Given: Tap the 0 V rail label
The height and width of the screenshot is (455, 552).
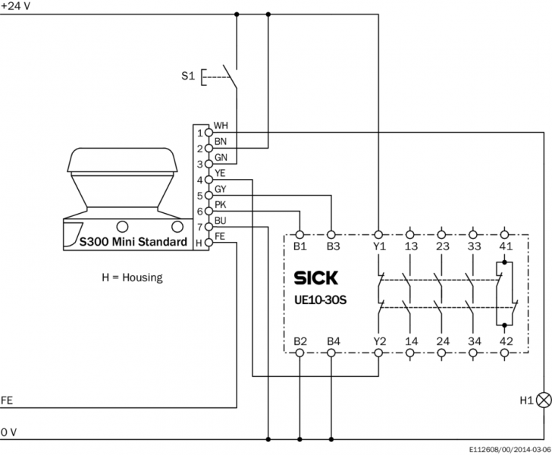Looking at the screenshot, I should [8, 431].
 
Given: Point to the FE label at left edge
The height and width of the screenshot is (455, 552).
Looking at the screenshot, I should [7, 400].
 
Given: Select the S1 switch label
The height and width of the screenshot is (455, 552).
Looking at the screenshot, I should [188, 77].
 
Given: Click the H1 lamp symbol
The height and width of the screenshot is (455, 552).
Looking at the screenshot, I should [543, 399].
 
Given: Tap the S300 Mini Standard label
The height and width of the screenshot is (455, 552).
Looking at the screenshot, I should [133, 243].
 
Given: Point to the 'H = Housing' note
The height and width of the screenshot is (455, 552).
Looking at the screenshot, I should [132, 278].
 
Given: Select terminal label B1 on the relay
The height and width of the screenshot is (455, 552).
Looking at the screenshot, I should [300, 246].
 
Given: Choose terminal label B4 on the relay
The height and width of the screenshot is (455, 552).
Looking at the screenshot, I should [332, 341].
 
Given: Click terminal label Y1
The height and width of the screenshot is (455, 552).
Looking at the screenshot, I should [379, 246].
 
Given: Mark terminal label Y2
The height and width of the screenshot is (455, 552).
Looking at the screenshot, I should [379, 341].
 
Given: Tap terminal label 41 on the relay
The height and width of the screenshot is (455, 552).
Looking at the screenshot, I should [506, 246].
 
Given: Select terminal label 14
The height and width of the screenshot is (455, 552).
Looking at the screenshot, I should [411, 341].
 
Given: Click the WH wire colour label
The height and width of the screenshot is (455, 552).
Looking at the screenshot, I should [221, 125].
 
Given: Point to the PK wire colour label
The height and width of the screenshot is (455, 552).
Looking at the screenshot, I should [220, 205].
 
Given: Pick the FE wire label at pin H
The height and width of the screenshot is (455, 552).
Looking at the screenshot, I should [220, 237].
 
